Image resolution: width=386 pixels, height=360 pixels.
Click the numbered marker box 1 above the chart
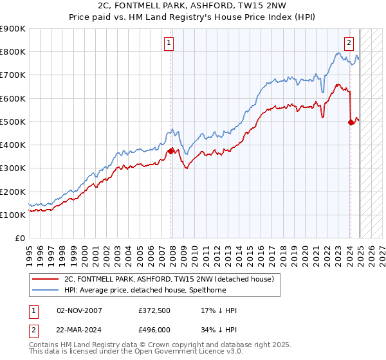tap(169, 43)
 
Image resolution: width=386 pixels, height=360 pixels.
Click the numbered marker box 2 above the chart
tap(349, 43)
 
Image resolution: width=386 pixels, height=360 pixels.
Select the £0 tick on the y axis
tap(21, 239)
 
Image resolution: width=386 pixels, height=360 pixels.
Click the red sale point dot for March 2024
tap(351, 122)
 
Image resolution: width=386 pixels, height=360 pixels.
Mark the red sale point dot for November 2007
tap(171, 151)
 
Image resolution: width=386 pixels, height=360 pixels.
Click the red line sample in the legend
tap(45, 279)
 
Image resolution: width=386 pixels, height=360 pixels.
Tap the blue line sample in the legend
tap(45, 290)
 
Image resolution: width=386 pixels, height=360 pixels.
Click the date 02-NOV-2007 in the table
tap(79, 310)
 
